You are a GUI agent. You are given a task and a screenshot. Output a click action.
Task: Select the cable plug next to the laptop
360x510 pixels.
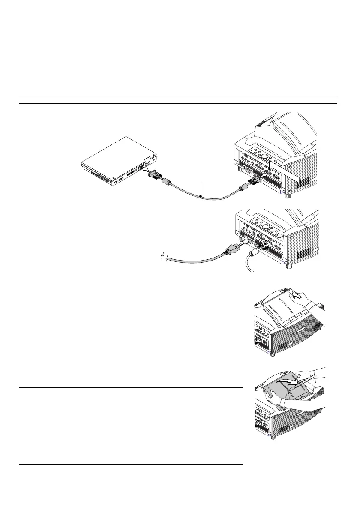(x=155, y=176)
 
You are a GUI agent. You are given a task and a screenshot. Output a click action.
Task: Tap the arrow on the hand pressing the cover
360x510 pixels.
(x=295, y=307)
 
